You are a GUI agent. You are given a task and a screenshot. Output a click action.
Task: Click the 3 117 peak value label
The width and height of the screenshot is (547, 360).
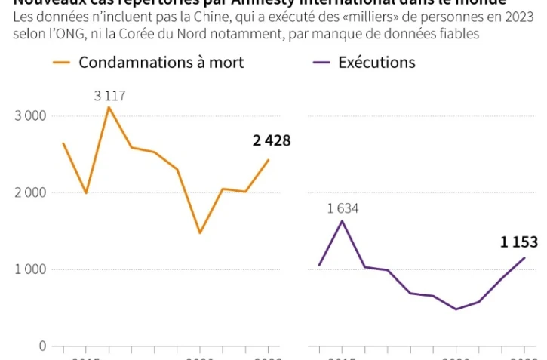109,96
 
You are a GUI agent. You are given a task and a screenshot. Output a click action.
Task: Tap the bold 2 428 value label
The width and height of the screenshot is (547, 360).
271,140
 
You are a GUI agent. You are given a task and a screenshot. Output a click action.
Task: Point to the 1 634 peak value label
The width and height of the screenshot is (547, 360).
343,208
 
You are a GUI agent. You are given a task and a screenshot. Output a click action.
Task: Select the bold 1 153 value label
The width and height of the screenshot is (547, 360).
519,242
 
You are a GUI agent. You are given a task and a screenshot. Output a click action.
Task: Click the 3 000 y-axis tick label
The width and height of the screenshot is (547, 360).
29,116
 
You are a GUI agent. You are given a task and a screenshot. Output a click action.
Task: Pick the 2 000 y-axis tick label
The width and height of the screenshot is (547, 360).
29,193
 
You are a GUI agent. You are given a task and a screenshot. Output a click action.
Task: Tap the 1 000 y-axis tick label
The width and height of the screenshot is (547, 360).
29,270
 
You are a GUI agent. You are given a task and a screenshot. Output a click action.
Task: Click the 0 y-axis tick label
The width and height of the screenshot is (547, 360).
41,346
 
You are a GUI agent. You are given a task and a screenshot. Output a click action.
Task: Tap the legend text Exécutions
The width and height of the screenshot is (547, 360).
376,62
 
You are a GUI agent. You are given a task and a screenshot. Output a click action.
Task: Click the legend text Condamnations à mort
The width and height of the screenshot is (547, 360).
161,62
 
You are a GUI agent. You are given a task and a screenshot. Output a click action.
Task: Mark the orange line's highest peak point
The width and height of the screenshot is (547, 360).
109,107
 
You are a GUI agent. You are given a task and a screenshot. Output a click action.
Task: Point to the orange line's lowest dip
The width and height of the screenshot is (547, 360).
200,232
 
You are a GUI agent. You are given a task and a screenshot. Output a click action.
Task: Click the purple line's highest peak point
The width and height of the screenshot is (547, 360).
343,220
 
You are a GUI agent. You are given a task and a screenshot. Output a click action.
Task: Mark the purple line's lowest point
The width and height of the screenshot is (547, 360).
456,309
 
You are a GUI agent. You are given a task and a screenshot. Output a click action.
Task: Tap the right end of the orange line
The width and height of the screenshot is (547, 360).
269,159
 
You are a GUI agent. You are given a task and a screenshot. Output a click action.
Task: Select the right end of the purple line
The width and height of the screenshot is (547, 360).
524,257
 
